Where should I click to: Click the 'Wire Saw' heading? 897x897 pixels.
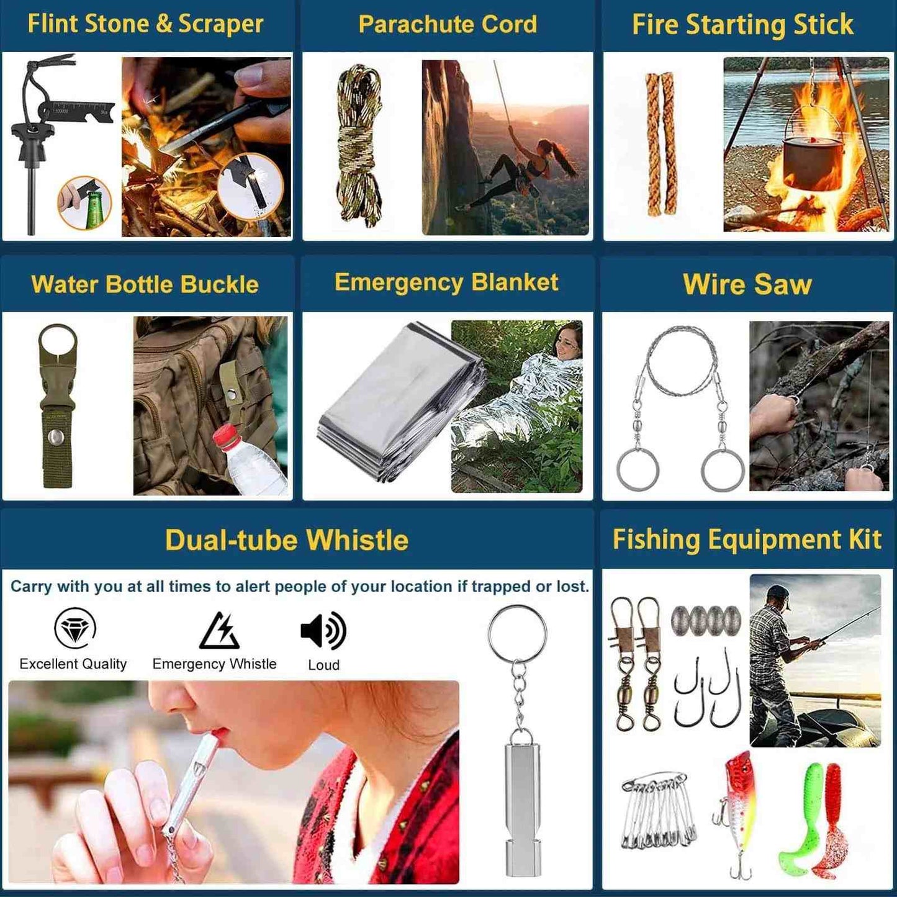coord(747,284)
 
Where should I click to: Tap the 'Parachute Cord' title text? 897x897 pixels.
coord(448,24)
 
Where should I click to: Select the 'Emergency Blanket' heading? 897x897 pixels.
coord(446,282)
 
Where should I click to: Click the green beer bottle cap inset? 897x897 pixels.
coord(84,202)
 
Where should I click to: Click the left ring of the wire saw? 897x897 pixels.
coord(638,469)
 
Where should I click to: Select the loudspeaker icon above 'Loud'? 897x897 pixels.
coord(323,631)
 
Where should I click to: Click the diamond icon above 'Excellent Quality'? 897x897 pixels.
coord(74,628)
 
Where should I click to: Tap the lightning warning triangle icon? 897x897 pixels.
coord(219,631)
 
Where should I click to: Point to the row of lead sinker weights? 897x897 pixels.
coord(706,619)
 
